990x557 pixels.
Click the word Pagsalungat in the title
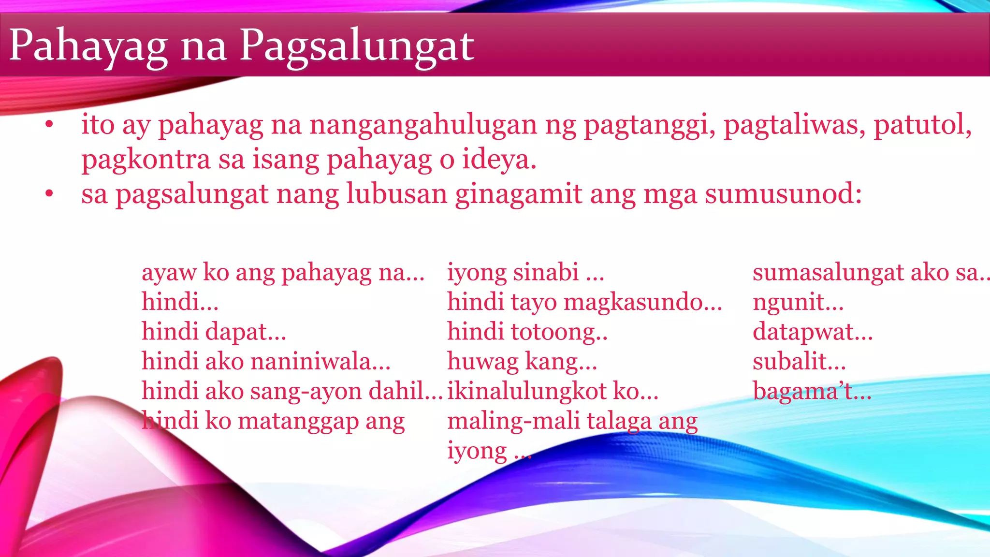click(357, 46)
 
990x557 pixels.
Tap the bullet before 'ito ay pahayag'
click(48, 126)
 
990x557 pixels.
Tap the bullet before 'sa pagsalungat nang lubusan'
click(48, 195)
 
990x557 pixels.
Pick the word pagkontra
click(146, 160)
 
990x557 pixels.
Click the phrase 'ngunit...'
click(798, 302)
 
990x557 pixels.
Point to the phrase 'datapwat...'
click(812, 332)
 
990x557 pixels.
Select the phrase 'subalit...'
click(799, 362)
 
